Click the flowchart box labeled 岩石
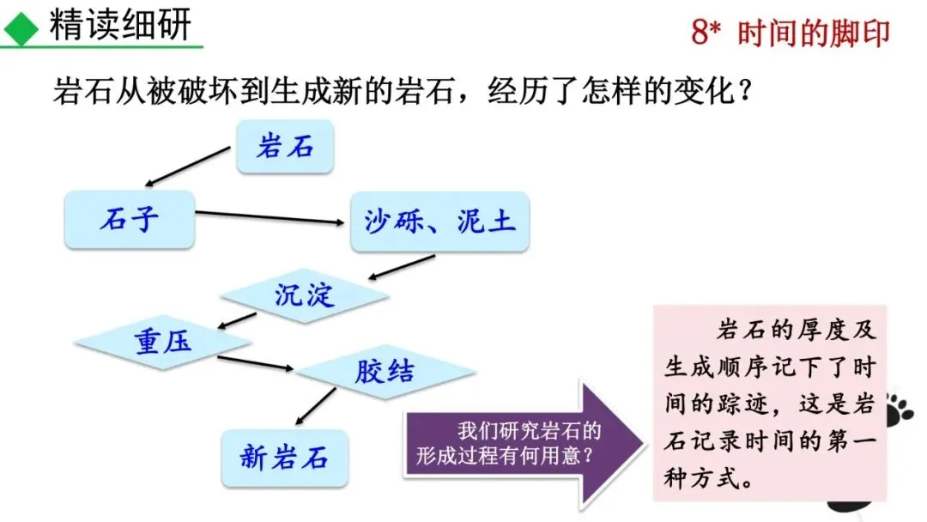285,147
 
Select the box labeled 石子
130,219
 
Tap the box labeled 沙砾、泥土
439,222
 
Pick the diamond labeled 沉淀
305,295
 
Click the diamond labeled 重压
162,343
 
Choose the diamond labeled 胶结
384,371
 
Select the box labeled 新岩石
284,458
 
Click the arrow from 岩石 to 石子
189,166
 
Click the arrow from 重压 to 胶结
256,363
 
